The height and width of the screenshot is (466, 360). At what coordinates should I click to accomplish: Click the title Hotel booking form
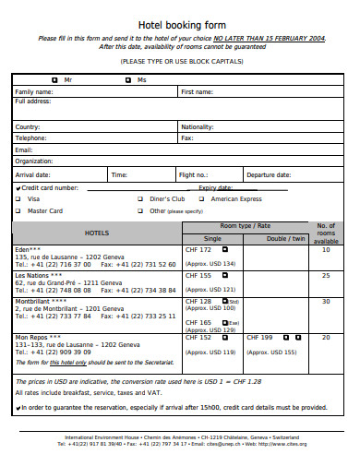tap(181, 25)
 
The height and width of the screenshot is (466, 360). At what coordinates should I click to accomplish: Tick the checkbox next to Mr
tap(54, 80)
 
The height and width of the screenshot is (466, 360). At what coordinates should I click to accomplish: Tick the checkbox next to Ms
tap(128, 80)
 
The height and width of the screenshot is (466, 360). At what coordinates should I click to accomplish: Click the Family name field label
tap(34, 92)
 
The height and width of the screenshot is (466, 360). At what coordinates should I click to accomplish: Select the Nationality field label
tap(198, 126)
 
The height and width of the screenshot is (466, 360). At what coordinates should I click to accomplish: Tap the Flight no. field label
tap(193, 173)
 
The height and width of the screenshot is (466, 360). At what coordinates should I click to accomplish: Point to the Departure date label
tap(269, 173)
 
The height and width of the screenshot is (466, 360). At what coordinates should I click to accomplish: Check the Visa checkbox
tap(19, 198)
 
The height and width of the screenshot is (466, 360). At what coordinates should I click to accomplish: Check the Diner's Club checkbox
tap(140, 198)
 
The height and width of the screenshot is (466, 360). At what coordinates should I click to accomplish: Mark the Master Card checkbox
tap(19, 210)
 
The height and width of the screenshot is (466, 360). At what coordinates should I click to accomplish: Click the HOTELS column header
tap(97, 233)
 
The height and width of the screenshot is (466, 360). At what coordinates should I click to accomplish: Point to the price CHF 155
tap(198, 275)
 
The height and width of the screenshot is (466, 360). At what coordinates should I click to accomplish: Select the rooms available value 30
tap(325, 301)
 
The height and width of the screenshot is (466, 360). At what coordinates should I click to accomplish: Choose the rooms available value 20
tap(325, 337)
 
